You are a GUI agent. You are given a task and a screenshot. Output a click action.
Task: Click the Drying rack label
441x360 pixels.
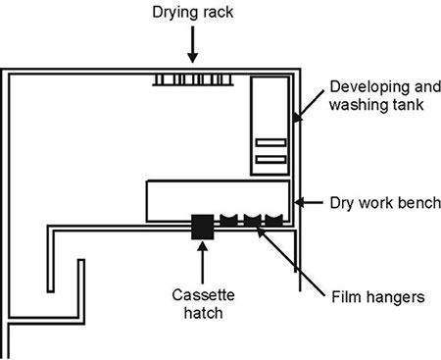coord(193,13)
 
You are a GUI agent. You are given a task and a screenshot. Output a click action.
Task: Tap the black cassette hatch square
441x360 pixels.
coord(203,227)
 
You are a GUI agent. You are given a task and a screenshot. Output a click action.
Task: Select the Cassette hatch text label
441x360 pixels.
coord(203,304)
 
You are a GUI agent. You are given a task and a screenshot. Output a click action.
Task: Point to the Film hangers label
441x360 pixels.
coord(378,297)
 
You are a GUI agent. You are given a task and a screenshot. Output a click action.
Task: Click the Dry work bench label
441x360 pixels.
coord(385,203)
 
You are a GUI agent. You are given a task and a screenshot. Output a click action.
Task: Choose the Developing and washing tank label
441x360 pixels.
coord(385,96)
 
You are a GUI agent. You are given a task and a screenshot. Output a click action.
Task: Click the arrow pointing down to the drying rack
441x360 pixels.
coord(193,44)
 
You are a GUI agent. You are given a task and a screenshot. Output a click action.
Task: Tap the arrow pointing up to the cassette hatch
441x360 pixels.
coord(203,263)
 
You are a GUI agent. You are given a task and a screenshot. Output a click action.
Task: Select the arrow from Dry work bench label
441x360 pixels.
coord(309,203)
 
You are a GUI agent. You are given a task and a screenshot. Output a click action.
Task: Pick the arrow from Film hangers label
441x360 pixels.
coord(290,261)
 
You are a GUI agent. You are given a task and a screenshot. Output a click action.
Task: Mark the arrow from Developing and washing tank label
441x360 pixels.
coord(308,106)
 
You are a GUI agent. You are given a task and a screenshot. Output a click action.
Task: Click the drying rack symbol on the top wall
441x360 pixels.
coord(193,79)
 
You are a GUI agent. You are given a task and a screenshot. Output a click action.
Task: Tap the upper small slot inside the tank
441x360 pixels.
coord(271,142)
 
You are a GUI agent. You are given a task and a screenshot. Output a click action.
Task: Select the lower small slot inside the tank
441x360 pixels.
coord(271,160)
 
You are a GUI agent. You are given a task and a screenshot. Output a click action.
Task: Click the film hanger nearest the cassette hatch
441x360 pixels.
coord(228,221)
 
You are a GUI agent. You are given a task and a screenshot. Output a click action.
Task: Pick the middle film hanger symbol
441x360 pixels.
coord(253,221)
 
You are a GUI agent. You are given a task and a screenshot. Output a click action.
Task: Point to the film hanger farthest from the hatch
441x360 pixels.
coord(273,221)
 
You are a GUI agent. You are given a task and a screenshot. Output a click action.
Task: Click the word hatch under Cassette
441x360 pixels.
coord(203,313)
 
